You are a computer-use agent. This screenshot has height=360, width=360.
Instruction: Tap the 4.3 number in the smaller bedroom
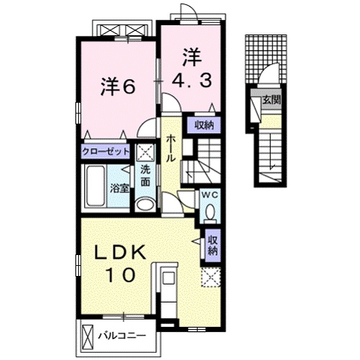pos(192,80)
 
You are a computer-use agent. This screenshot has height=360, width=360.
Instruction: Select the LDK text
pos(120,252)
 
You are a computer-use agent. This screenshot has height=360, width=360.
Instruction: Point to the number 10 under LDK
pos(121,275)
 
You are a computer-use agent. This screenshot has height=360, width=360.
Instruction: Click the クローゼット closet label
pos(106,152)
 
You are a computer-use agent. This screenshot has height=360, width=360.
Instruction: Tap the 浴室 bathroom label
pos(119,189)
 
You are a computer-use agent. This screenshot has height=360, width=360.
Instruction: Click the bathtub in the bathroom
pos(96,186)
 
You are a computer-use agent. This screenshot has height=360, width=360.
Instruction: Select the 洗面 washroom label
pos(145,176)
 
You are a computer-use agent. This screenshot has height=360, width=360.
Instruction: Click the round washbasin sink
pos(145,205)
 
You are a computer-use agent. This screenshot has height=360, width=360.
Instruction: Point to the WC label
pos(210,195)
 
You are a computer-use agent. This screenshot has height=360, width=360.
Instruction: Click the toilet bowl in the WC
pos(211,212)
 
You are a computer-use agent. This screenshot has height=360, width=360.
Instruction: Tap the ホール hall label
pos(171,148)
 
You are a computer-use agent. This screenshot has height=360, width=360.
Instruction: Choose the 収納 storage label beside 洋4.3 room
pos(204,125)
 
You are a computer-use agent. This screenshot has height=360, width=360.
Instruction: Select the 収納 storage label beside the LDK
pos(212,245)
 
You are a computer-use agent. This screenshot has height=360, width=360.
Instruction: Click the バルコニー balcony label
pos(122,336)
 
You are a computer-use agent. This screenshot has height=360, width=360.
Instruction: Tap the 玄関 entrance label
pos(272,99)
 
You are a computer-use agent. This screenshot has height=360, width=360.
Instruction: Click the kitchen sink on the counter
pos(167,278)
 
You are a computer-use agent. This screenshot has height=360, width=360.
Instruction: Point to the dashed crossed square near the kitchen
pos(211,277)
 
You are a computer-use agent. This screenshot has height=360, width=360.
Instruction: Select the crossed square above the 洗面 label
pos(146,152)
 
